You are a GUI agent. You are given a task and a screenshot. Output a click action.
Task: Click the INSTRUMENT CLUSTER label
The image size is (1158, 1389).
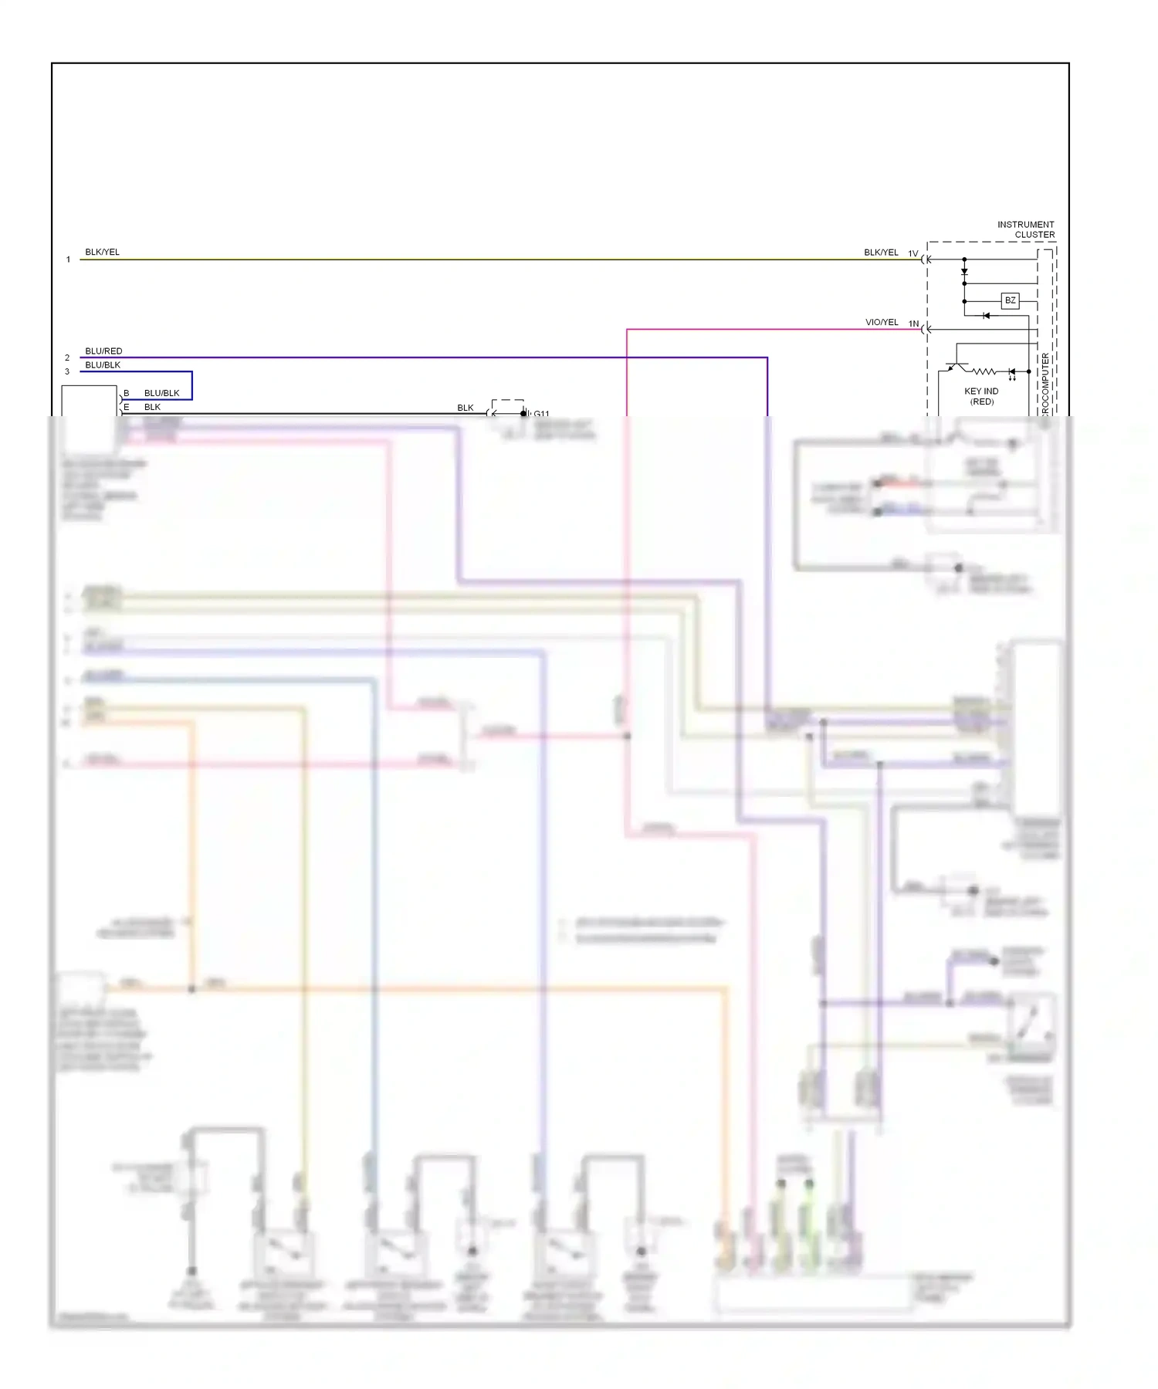point(1025,229)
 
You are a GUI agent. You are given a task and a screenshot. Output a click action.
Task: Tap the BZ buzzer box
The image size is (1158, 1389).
point(1010,300)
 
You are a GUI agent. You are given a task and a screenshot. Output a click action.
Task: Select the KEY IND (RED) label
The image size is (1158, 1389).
point(981,396)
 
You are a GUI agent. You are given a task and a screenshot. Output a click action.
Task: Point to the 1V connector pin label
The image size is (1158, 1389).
point(913,253)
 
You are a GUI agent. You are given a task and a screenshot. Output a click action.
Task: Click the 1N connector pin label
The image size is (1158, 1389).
point(913,324)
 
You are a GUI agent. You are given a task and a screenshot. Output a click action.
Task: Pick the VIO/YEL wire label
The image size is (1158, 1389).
point(882,322)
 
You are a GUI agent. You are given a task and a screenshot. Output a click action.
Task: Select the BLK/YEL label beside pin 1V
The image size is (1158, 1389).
point(881,252)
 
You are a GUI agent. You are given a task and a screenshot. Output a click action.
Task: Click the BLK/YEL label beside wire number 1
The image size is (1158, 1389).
point(102,252)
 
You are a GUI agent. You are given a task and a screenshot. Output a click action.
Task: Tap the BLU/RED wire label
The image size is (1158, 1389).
point(103,351)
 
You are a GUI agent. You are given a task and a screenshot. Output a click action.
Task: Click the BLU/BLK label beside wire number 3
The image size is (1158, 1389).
point(103,364)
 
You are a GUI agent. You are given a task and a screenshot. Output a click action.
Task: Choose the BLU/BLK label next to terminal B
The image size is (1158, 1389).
point(161,393)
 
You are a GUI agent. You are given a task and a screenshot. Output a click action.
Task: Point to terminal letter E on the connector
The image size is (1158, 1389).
point(127,407)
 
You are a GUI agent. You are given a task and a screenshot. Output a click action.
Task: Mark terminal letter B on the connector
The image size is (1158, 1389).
point(127,393)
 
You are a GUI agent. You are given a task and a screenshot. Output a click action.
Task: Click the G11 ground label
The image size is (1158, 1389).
point(541,414)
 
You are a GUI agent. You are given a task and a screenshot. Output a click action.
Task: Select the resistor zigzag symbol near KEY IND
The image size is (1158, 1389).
point(984,371)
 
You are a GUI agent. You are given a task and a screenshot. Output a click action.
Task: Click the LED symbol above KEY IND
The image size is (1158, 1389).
point(1011,372)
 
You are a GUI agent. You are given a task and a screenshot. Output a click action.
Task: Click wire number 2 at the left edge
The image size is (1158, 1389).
point(67,357)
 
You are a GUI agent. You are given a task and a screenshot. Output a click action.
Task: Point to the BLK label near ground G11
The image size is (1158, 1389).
point(465,408)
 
